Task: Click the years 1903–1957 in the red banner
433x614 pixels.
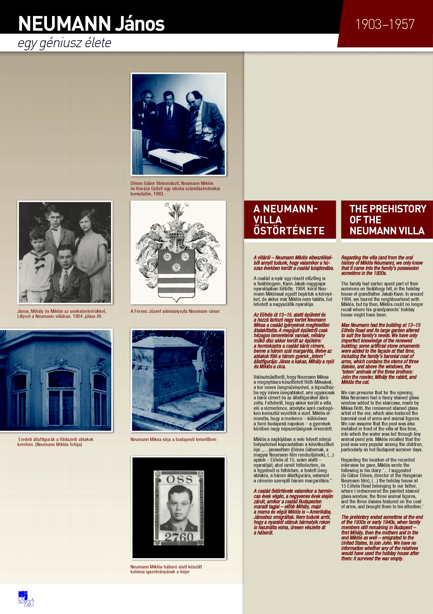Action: tap(385, 24)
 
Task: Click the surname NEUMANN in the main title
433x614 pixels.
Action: tap(65, 24)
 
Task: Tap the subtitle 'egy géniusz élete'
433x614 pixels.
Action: tap(65, 43)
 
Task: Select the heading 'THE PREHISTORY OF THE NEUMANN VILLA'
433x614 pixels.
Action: tap(387, 219)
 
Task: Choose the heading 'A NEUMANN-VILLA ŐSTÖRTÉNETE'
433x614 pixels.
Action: tap(289, 219)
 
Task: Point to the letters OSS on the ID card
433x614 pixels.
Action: tap(179, 479)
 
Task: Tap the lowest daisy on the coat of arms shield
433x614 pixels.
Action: tap(176, 267)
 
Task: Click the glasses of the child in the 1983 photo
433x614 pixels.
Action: tap(208, 133)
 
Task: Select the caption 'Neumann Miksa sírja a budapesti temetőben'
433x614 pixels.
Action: tap(173, 439)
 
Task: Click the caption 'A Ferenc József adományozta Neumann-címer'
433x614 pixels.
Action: tap(175, 311)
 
